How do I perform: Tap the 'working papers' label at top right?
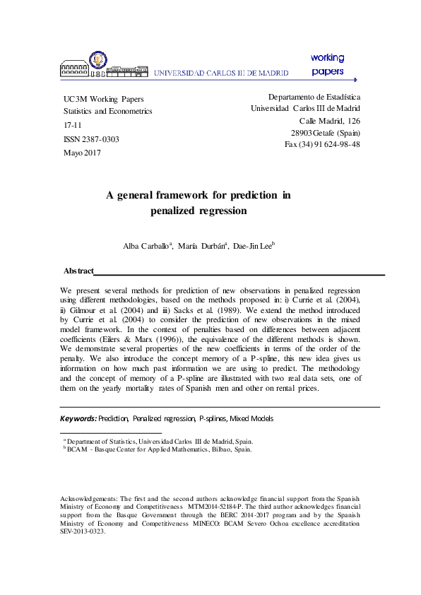pos(327,64)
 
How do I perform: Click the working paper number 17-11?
pos(73,125)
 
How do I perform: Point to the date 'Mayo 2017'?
pos(82,153)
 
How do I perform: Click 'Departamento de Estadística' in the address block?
pos(314,96)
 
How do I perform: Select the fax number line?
pos(322,144)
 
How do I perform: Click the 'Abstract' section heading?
pos(78,271)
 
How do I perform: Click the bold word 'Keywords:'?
pos(78,419)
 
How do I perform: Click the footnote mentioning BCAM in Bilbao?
pos(159,449)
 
